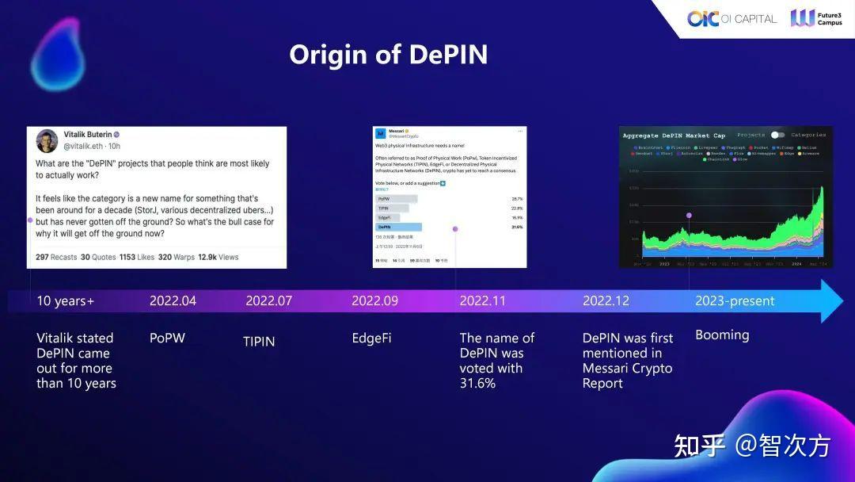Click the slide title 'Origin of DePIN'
pyautogui.click(x=388, y=55)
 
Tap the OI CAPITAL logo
pyautogui.click(x=731, y=18)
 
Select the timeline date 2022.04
pyautogui.click(x=173, y=301)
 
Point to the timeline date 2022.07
pyautogui.click(x=268, y=301)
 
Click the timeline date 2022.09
pyautogui.click(x=374, y=301)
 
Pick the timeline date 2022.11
pyautogui.click(x=483, y=301)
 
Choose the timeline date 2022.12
pyautogui.click(x=606, y=301)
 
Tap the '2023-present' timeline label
pyautogui.click(x=735, y=301)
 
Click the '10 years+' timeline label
pyautogui.click(x=65, y=301)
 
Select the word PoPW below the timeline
pyautogui.click(x=167, y=338)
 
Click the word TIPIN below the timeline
pyautogui.click(x=259, y=342)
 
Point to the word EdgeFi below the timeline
pyautogui.click(x=371, y=339)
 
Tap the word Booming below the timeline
pyautogui.click(x=722, y=335)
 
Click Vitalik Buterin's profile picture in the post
pyautogui.click(x=47, y=140)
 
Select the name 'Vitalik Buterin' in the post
pyautogui.click(x=87, y=135)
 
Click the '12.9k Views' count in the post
pyautogui.click(x=218, y=257)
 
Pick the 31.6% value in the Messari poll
pyautogui.click(x=517, y=227)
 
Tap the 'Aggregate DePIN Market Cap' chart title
pyautogui.click(x=674, y=136)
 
